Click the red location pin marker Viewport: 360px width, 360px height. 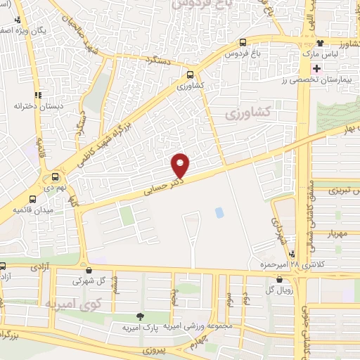click(x=181, y=165)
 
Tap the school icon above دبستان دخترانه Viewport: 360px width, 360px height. click(x=38, y=94)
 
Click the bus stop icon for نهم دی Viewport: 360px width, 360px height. click(x=54, y=177)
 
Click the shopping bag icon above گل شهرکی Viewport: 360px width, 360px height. click(x=88, y=269)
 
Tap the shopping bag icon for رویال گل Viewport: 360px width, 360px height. click(x=280, y=281)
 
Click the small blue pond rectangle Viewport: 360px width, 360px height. click(x=219, y=212)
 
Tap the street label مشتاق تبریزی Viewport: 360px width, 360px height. click(x=335, y=190)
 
